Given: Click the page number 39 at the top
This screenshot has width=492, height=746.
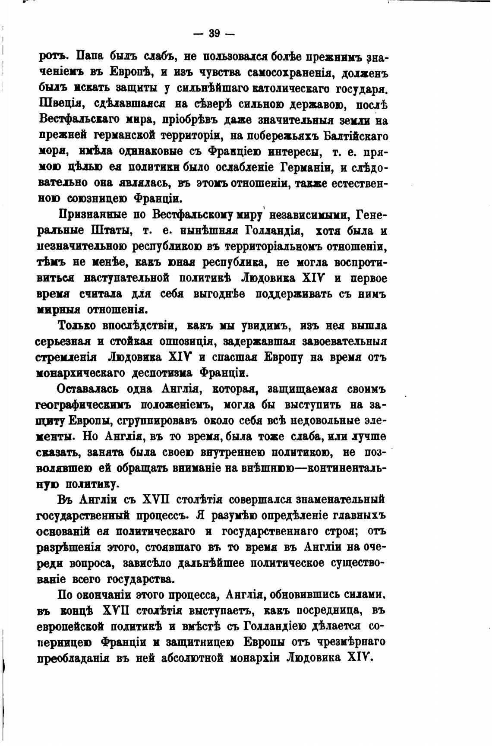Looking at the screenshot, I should click(x=214, y=34).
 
